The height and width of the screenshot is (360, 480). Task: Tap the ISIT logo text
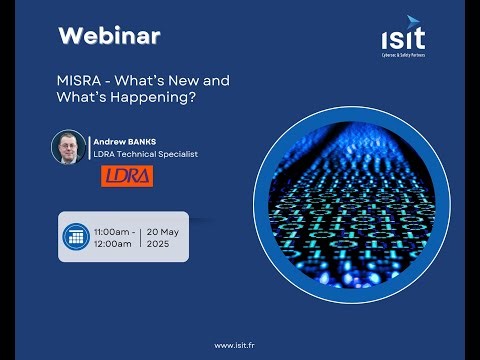tap(402, 39)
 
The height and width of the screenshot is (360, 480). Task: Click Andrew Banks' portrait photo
tap(69, 148)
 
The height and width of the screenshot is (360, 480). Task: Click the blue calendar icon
tap(74, 237)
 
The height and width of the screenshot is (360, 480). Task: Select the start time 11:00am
tap(112, 231)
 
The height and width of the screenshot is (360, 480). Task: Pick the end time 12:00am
tap(112, 244)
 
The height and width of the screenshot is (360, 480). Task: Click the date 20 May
tap(164, 231)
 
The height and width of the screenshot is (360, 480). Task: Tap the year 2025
tap(160, 244)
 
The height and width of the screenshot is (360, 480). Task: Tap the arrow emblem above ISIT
tap(414, 21)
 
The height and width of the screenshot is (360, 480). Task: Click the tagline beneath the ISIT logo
tap(402, 54)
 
